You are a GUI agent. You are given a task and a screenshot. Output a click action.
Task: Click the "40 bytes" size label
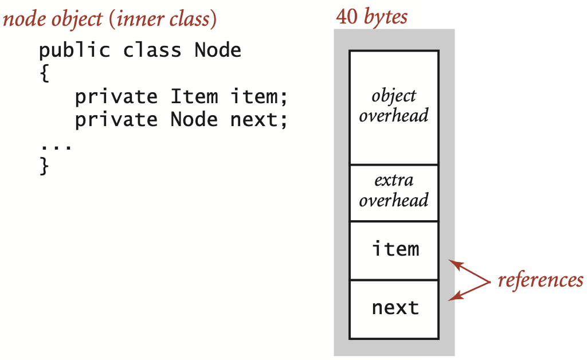(x=371, y=16)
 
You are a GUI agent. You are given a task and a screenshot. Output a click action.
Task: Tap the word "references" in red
(x=540, y=280)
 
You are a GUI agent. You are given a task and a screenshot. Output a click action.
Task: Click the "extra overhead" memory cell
(x=394, y=191)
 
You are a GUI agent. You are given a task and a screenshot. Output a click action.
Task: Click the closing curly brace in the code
(x=45, y=166)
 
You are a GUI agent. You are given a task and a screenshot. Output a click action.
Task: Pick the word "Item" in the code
(x=194, y=96)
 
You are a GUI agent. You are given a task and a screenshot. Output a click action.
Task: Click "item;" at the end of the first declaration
(x=258, y=96)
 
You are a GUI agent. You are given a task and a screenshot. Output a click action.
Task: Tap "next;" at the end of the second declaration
(x=258, y=120)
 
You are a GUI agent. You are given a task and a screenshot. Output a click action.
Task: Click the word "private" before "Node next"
(x=116, y=120)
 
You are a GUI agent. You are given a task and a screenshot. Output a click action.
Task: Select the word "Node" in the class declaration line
(x=218, y=50)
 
